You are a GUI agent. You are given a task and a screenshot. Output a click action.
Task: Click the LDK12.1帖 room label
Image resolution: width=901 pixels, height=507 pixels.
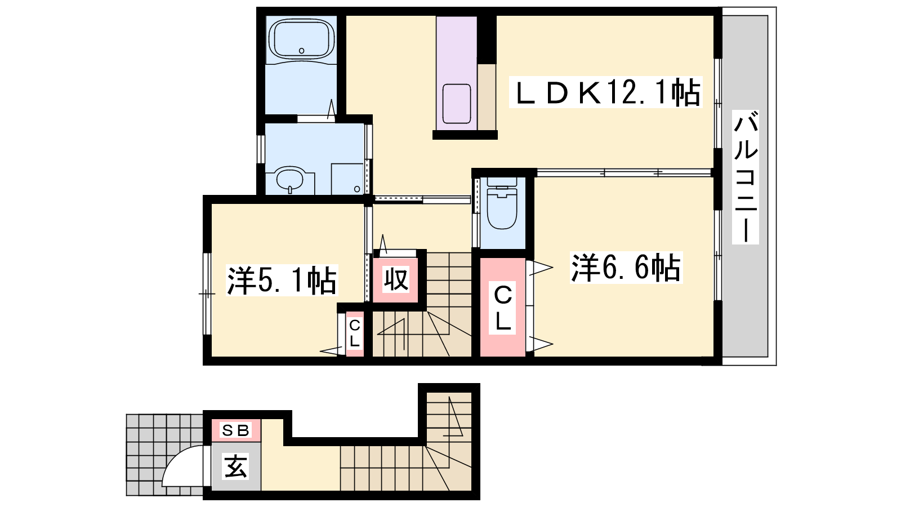(x=606, y=92)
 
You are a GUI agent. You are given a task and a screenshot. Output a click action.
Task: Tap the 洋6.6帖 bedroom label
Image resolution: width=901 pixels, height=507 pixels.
(x=626, y=267)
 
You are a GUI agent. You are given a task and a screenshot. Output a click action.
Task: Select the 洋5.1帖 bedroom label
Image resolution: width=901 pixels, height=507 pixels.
(x=282, y=280)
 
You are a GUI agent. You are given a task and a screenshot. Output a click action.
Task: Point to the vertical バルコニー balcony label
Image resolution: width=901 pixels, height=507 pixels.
(x=746, y=177)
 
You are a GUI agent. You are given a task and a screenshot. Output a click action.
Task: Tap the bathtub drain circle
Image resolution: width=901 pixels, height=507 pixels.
(x=301, y=51)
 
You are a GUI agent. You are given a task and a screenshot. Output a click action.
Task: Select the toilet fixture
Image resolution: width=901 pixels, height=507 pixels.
(x=502, y=204)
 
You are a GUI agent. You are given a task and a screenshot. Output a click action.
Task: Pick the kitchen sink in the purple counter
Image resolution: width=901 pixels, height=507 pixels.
(x=457, y=104)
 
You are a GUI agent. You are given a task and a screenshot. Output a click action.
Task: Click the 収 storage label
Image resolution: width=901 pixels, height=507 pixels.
(x=396, y=279)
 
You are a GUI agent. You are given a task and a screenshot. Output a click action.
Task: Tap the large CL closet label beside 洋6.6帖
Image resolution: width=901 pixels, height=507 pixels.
(x=502, y=308)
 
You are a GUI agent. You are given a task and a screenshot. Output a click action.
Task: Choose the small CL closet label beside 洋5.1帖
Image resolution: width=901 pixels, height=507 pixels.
(x=354, y=333)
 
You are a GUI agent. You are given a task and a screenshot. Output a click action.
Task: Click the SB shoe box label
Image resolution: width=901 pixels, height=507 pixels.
(x=236, y=430)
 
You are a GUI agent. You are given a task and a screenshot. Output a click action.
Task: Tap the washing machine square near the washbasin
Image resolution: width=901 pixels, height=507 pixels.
(x=347, y=179)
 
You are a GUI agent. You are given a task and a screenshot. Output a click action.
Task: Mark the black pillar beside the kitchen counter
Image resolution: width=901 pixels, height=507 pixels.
(x=487, y=39)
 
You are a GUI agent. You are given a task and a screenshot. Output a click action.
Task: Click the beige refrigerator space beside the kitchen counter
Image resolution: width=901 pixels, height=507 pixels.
(x=487, y=97)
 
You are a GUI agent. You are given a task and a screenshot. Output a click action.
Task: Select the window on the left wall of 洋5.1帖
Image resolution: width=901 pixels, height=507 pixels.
(x=207, y=293)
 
